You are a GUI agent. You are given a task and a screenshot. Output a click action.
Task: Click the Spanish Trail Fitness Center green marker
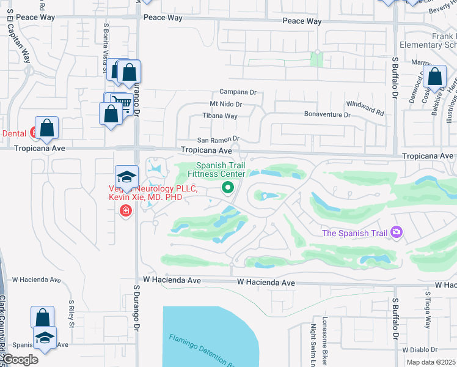(228, 188)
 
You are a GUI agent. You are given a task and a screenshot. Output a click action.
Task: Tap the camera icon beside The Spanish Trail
(397, 232)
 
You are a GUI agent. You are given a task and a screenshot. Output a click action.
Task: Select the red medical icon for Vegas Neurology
(126, 211)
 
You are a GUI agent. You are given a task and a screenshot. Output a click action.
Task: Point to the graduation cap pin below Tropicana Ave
(126, 177)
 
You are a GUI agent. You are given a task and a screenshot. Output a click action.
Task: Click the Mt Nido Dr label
(226, 105)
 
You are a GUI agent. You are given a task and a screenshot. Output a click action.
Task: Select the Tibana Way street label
(219, 116)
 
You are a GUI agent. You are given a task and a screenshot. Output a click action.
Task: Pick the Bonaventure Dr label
(328, 114)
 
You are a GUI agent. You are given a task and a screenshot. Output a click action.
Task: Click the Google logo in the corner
(20, 360)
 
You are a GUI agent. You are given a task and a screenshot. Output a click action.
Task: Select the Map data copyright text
(431, 362)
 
